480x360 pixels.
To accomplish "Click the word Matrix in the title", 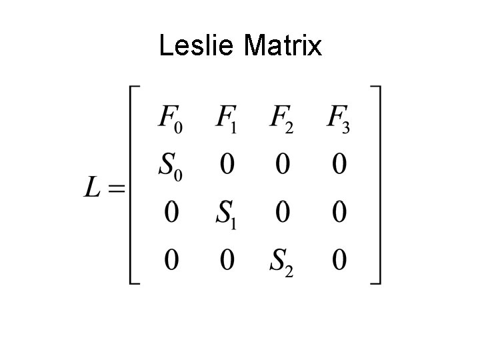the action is [x=283, y=46].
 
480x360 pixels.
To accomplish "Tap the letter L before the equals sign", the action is [x=93, y=189].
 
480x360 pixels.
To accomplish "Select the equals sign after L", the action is [x=116, y=189].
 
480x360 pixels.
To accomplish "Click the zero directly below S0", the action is [x=171, y=213].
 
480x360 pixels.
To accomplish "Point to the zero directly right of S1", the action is [x=283, y=213].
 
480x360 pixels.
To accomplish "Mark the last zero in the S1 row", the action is [x=339, y=213].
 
